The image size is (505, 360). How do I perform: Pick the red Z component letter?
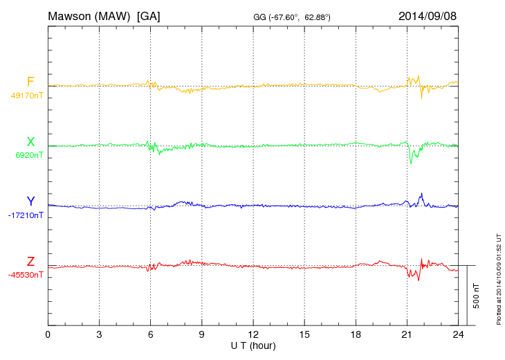pos(30,262)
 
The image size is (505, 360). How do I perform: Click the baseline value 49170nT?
pos(26,96)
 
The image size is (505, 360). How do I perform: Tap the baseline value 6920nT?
pos(29,156)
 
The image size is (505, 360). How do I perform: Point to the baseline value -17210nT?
pos(26,215)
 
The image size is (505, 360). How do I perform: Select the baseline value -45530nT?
pos(26,275)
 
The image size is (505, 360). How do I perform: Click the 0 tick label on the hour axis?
pos(48,334)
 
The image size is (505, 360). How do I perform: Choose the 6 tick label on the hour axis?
pos(150,334)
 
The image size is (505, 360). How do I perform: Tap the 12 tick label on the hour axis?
pos(253,334)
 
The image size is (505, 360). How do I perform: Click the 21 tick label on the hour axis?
pos(407,334)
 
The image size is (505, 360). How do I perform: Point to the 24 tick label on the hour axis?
pos(458,334)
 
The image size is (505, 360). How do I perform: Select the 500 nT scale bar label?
pos(477,295)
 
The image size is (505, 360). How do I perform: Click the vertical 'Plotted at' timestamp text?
pos(498,278)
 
